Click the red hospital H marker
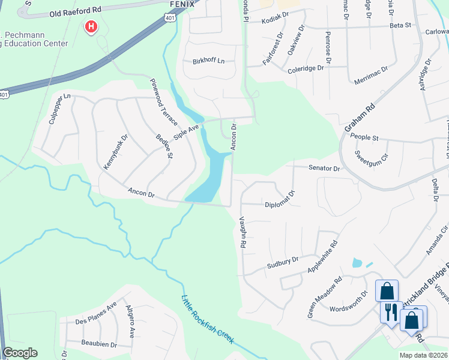(91, 26)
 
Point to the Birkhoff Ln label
(208, 61)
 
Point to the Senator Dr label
(324, 169)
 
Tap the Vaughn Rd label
(243, 233)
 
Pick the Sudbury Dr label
(283, 262)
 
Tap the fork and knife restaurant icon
(389, 311)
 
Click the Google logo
(20, 353)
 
